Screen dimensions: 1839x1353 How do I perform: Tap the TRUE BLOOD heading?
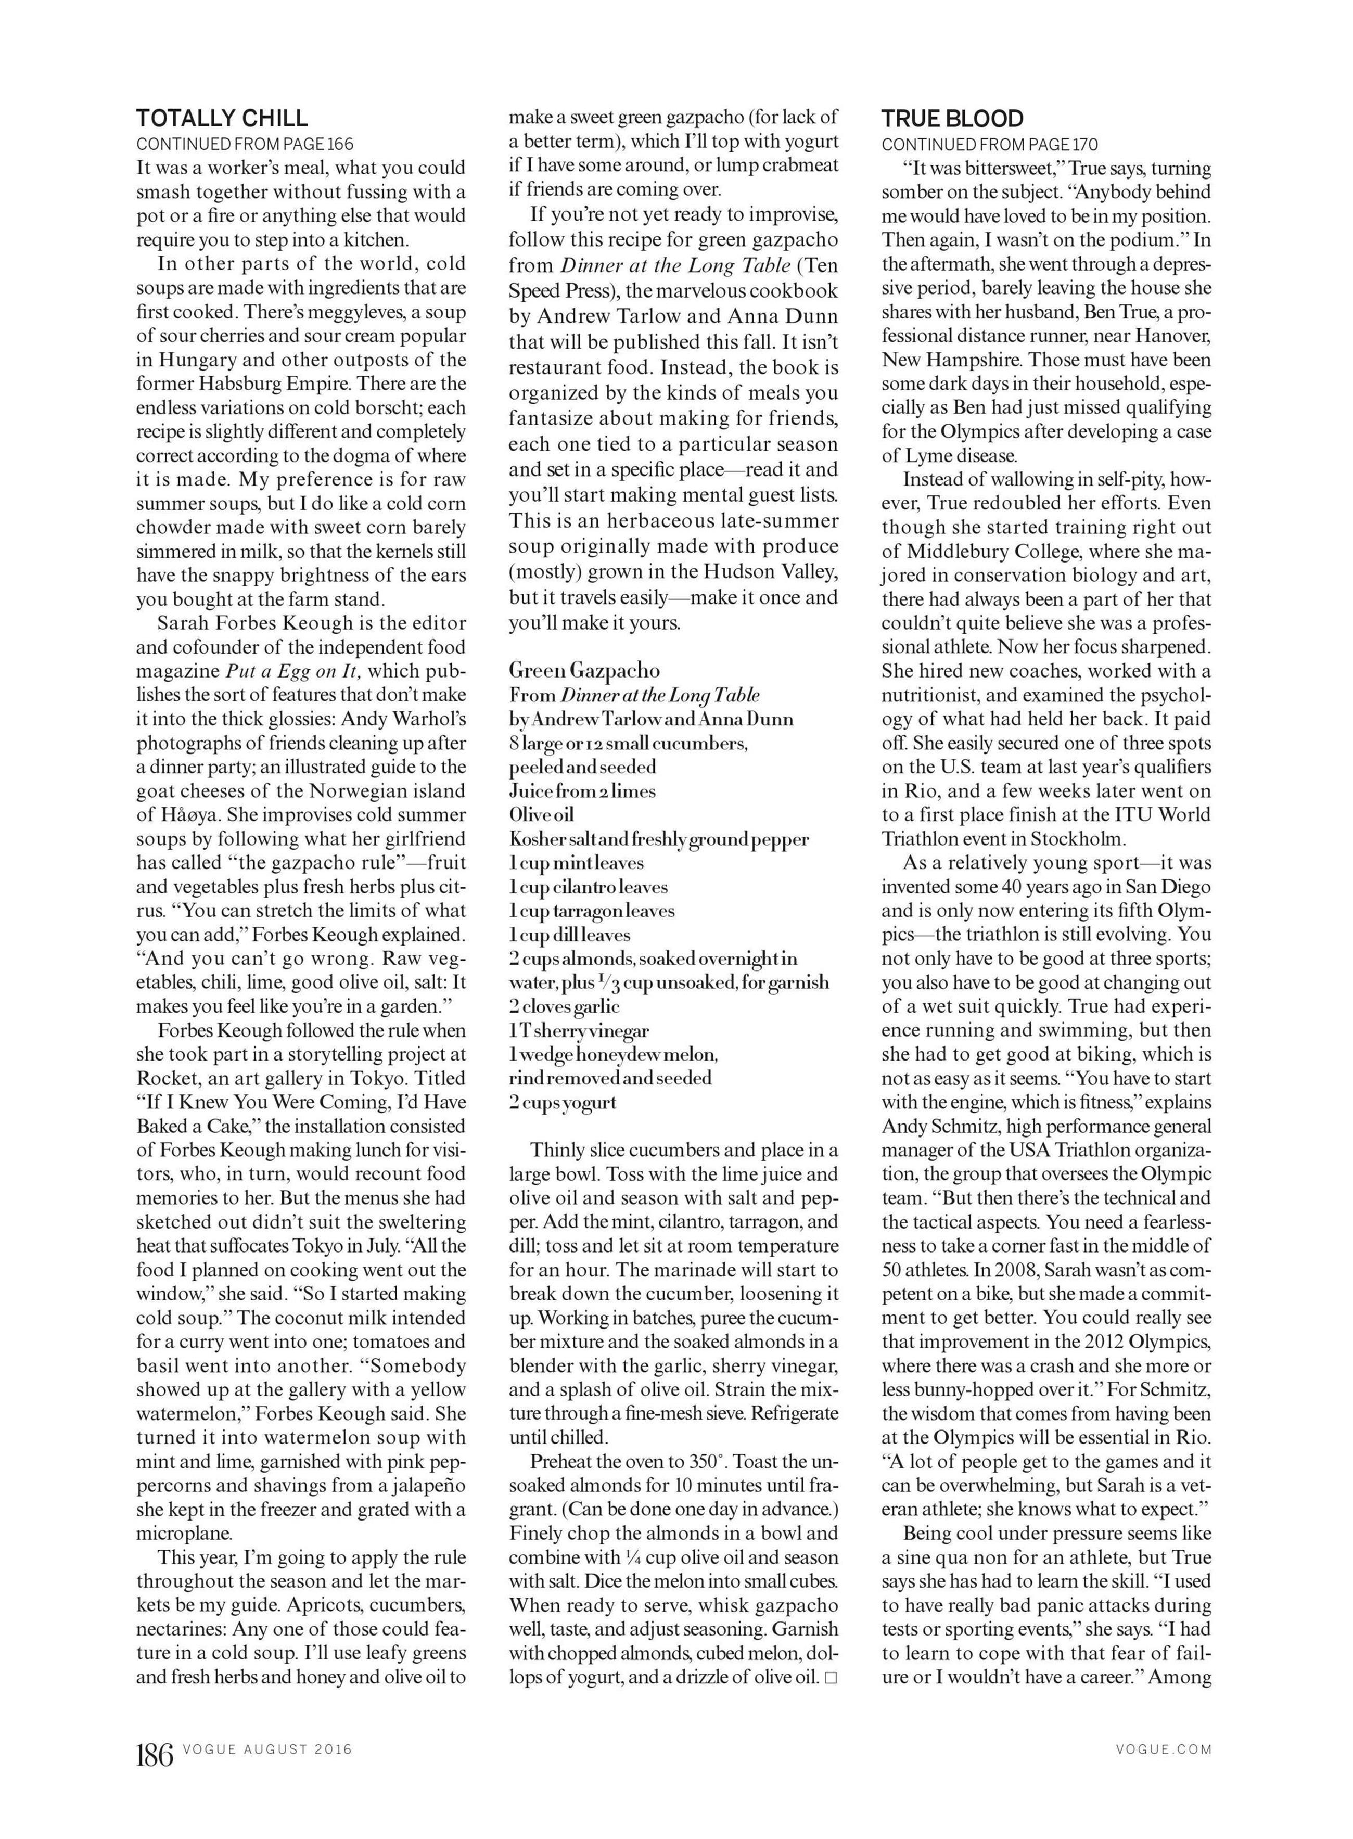952,119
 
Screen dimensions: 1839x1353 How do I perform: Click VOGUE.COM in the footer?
1163,1749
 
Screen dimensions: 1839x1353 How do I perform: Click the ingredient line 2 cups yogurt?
563,1102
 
